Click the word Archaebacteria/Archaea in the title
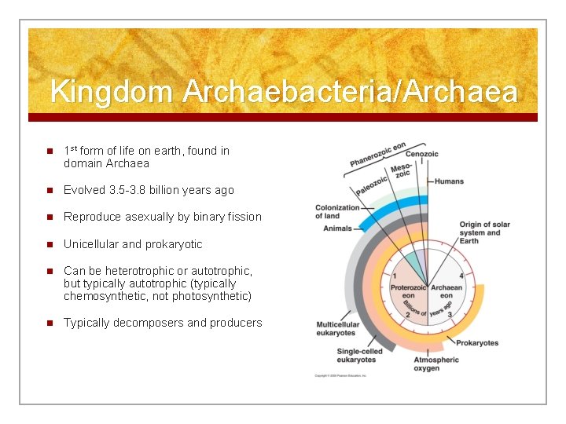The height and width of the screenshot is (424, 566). [x=350, y=93]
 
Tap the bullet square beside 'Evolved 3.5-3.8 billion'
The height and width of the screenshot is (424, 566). [x=49, y=190]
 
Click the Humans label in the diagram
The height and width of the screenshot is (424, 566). [x=449, y=181]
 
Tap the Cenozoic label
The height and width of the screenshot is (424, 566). [x=421, y=155]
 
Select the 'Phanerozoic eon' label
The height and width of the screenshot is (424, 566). [x=377, y=155]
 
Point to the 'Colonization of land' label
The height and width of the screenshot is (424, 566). [x=337, y=212]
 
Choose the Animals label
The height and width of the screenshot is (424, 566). [x=337, y=228]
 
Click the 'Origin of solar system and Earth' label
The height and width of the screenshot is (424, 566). [x=484, y=232]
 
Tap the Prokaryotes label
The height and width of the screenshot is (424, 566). [x=477, y=343]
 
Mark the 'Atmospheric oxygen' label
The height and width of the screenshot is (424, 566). [x=436, y=364]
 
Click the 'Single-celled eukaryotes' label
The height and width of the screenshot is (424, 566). [x=360, y=356]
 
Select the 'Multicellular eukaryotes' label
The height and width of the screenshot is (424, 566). [x=337, y=328]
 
